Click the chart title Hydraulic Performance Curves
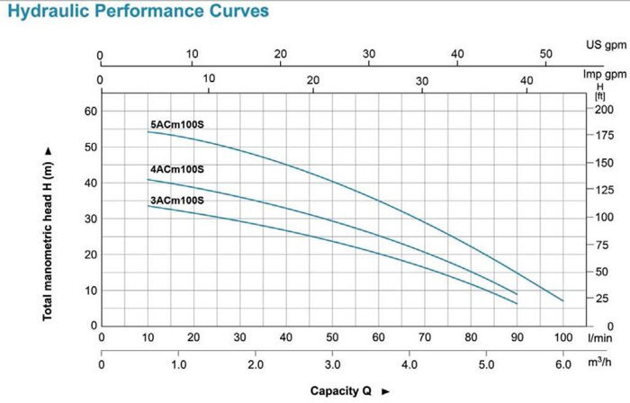click(x=136, y=12)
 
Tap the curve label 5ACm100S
click(x=177, y=124)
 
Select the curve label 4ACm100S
click(x=177, y=169)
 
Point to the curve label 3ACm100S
click(x=177, y=200)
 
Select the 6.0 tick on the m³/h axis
click(x=563, y=365)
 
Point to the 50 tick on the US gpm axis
click(x=545, y=54)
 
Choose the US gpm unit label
click(x=600, y=44)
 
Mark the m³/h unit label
click(x=598, y=364)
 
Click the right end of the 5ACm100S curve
click(x=563, y=300)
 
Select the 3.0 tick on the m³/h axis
click(x=332, y=365)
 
